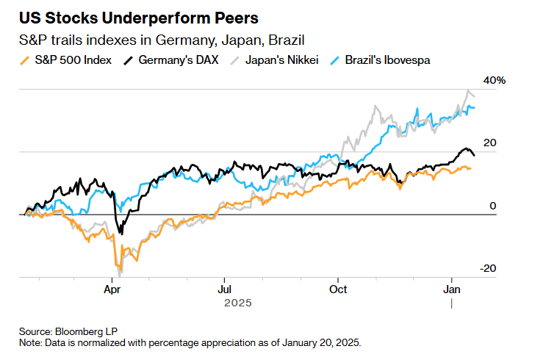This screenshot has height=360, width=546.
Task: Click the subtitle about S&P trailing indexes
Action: click(159, 40)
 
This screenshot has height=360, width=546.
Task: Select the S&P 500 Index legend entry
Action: click(73, 60)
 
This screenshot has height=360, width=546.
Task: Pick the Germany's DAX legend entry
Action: click(176, 60)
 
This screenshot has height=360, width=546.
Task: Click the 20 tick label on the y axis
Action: click(489, 143)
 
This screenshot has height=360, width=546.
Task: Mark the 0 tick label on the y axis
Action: click(492, 206)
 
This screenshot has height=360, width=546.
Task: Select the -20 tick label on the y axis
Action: click(488, 268)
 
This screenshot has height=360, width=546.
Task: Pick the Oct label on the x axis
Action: click(338, 289)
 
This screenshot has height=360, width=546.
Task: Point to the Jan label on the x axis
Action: click(452, 289)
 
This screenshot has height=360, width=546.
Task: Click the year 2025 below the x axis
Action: click(238, 303)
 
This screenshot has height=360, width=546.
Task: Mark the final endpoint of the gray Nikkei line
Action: click(474, 96)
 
